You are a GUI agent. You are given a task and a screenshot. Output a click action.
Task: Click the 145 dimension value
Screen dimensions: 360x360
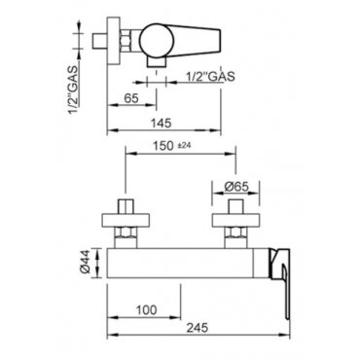161,124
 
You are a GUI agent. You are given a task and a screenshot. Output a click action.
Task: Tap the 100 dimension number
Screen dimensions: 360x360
146,310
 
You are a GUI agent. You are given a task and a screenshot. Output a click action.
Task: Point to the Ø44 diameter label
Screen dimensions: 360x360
84,263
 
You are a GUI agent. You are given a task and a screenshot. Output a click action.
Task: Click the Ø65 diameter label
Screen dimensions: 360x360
236,187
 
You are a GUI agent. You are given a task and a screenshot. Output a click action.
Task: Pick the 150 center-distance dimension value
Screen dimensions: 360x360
163,146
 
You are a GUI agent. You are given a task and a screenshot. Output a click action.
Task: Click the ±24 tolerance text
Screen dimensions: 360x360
185,146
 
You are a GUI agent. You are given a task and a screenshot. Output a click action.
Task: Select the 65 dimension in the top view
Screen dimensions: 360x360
131,98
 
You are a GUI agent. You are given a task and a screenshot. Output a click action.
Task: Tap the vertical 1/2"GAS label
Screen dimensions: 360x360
73,90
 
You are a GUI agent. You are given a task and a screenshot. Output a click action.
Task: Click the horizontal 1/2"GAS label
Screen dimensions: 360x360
210,77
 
